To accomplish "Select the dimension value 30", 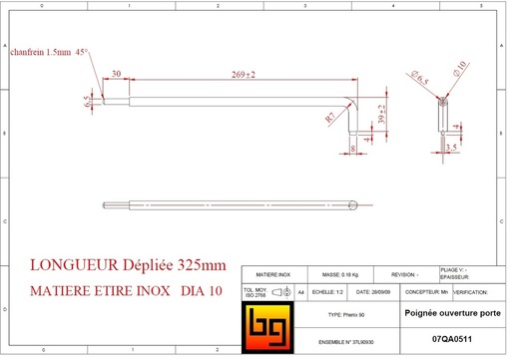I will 117,74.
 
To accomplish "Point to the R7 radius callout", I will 331,117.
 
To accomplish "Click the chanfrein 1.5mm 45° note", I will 49,53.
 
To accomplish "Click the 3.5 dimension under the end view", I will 451,147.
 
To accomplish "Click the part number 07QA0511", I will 453,340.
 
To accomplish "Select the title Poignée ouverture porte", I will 451,313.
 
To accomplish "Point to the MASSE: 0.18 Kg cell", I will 338,273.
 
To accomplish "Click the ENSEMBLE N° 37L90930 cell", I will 346,340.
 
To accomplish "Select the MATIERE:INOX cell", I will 273,273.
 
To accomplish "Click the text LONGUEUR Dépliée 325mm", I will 129,266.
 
